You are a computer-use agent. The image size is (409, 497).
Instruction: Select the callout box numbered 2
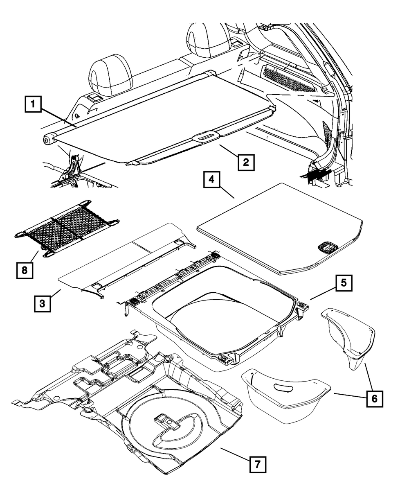point(245,162)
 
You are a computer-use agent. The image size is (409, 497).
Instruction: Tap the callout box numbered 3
point(43,303)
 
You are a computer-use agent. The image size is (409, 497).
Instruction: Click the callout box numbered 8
point(25,270)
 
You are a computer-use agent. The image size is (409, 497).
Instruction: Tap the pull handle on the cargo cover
point(206,136)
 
